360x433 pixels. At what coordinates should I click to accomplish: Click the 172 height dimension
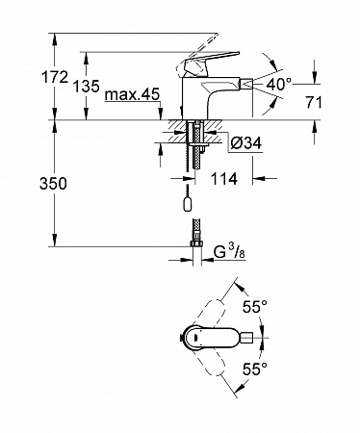(x=55, y=77)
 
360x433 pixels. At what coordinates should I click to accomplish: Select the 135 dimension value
(x=87, y=87)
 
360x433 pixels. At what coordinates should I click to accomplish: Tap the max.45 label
(x=132, y=94)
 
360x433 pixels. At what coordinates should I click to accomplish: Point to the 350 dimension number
(x=53, y=184)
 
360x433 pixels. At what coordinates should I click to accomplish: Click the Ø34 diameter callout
(x=246, y=143)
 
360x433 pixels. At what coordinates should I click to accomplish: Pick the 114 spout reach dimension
(x=223, y=178)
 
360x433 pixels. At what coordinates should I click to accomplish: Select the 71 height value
(x=314, y=103)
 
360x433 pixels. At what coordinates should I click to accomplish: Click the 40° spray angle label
(x=279, y=85)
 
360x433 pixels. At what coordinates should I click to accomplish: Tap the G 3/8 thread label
(x=229, y=252)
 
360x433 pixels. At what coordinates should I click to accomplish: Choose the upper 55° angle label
(x=254, y=307)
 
